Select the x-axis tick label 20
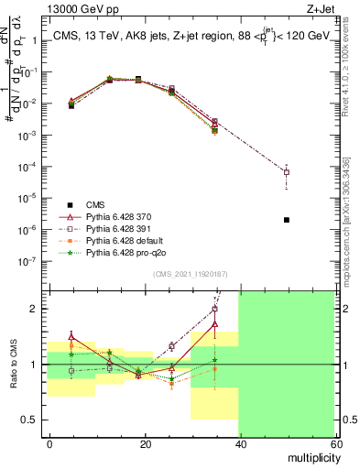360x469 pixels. pos(144,443)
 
